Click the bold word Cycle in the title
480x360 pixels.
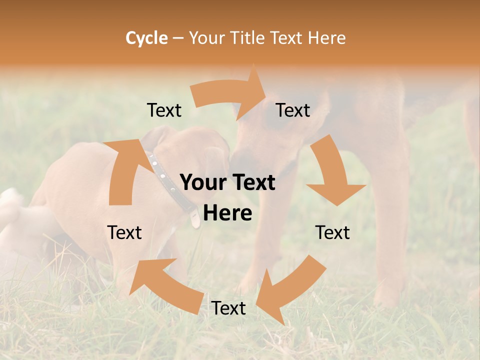(x=146, y=38)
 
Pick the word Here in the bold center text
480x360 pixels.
(x=227, y=213)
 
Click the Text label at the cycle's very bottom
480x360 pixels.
(x=228, y=308)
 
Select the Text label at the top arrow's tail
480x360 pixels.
(x=164, y=110)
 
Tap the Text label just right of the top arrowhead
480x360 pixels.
(x=293, y=110)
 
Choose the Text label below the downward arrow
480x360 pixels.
(x=332, y=232)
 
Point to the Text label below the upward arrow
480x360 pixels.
(x=124, y=232)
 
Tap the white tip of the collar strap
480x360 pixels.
(x=194, y=219)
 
